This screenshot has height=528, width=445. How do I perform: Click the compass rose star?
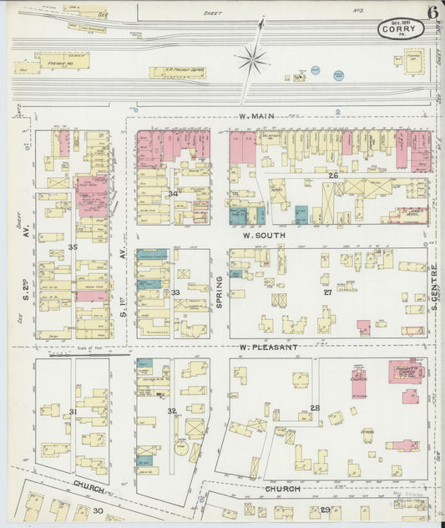(251, 58)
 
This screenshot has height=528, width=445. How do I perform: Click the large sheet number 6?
(433, 12)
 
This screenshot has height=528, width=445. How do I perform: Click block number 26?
(332, 175)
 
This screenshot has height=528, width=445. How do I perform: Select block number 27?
(327, 292)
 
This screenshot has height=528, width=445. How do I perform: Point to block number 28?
(315, 408)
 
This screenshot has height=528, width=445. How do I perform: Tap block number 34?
(173, 194)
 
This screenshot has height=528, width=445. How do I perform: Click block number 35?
(73, 247)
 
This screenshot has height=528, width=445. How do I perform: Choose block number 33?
(175, 292)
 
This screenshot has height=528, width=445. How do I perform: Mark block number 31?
(73, 411)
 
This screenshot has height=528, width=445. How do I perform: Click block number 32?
(171, 411)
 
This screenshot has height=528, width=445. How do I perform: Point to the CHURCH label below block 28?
(282, 488)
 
